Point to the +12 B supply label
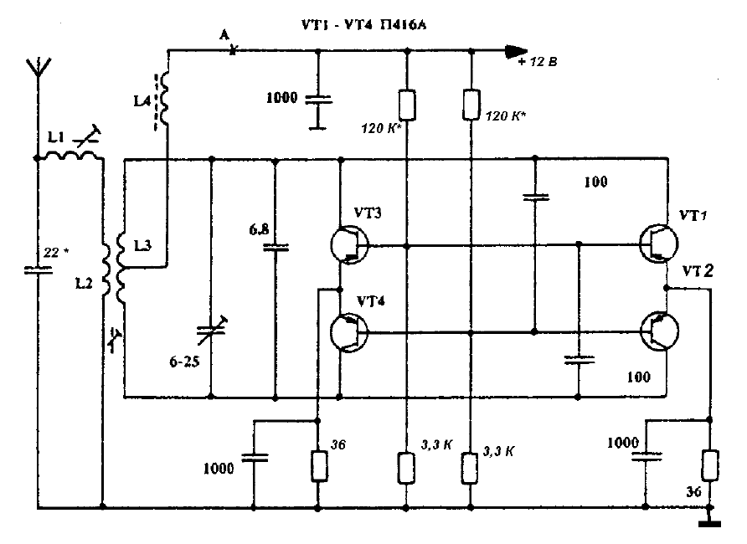[x=539, y=63]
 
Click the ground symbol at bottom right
[x=710, y=523]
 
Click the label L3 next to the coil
[x=144, y=244]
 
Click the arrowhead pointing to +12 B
[x=510, y=51]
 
